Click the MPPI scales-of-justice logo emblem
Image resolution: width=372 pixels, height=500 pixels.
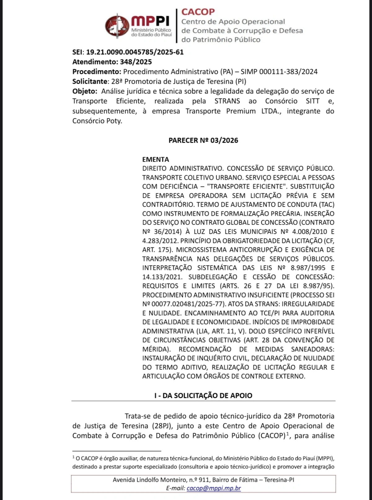click(117, 26)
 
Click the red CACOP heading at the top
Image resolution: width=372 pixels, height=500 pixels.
click(198, 12)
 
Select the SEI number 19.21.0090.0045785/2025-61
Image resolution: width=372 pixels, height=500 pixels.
click(135, 52)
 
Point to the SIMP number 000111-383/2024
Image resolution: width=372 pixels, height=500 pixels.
click(288, 72)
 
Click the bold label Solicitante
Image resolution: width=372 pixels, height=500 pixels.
click(90, 82)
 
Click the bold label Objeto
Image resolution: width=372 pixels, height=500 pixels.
click(84, 92)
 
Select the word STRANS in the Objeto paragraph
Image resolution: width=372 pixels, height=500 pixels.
click(227, 101)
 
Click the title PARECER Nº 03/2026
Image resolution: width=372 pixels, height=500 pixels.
click(203, 140)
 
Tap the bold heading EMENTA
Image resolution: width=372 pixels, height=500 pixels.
click(156, 159)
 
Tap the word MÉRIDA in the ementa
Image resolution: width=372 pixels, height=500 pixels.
click(155, 349)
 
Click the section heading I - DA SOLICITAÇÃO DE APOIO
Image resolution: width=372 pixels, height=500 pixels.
click(203, 395)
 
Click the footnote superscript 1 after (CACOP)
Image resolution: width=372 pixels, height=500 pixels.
click(287, 434)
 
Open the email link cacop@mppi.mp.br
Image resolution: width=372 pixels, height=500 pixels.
click(214, 488)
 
